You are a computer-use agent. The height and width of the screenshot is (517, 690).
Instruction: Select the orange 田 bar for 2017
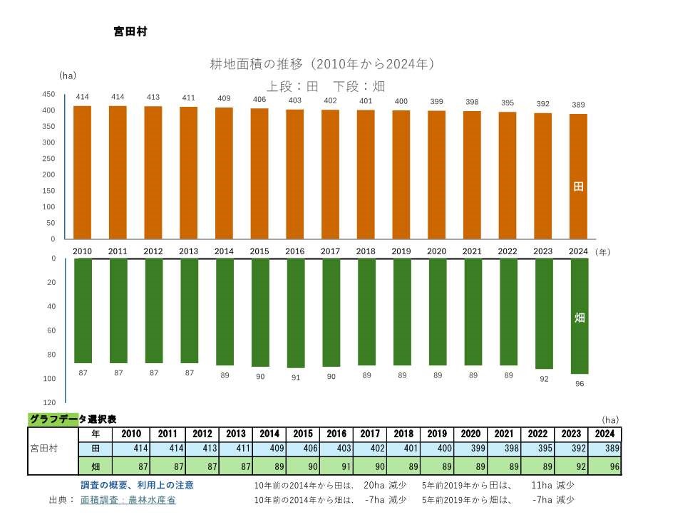pyautogui.click(x=330, y=174)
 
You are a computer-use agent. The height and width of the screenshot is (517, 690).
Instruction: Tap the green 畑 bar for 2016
pyautogui.click(x=295, y=313)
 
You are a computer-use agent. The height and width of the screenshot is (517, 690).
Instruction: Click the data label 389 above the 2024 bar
pyautogui.click(x=578, y=105)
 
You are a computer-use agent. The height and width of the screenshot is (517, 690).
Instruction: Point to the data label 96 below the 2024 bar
pyautogui.click(x=579, y=384)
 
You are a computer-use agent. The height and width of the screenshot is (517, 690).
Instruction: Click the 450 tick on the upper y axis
pyautogui.click(x=48, y=94)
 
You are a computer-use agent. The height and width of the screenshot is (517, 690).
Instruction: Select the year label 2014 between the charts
pyautogui.click(x=224, y=251)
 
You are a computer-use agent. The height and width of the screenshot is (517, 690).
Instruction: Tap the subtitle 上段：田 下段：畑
pyautogui.click(x=326, y=86)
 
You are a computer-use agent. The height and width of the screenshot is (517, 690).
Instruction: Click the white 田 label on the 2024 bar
pyautogui.click(x=579, y=187)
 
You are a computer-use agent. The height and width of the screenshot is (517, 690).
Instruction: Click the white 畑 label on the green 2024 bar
pyautogui.click(x=580, y=318)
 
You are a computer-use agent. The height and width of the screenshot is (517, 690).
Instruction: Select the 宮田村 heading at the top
pyautogui.click(x=130, y=32)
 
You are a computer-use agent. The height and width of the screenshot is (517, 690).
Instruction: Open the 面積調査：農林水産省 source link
pyautogui.click(x=128, y=500)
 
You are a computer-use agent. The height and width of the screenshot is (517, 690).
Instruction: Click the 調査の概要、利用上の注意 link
pyautogui.click(x=137, y=485)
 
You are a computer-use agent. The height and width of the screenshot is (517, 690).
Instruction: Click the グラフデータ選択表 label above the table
pyautogui.click(x=73, y=420)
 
